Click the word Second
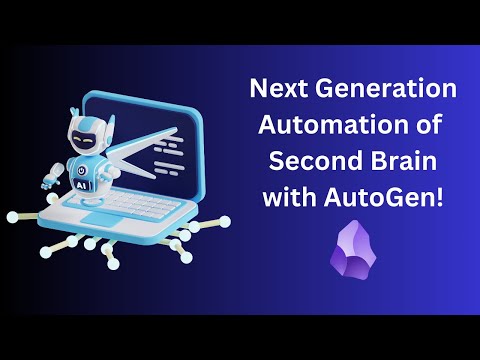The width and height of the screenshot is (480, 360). click(x=310, y=163)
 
